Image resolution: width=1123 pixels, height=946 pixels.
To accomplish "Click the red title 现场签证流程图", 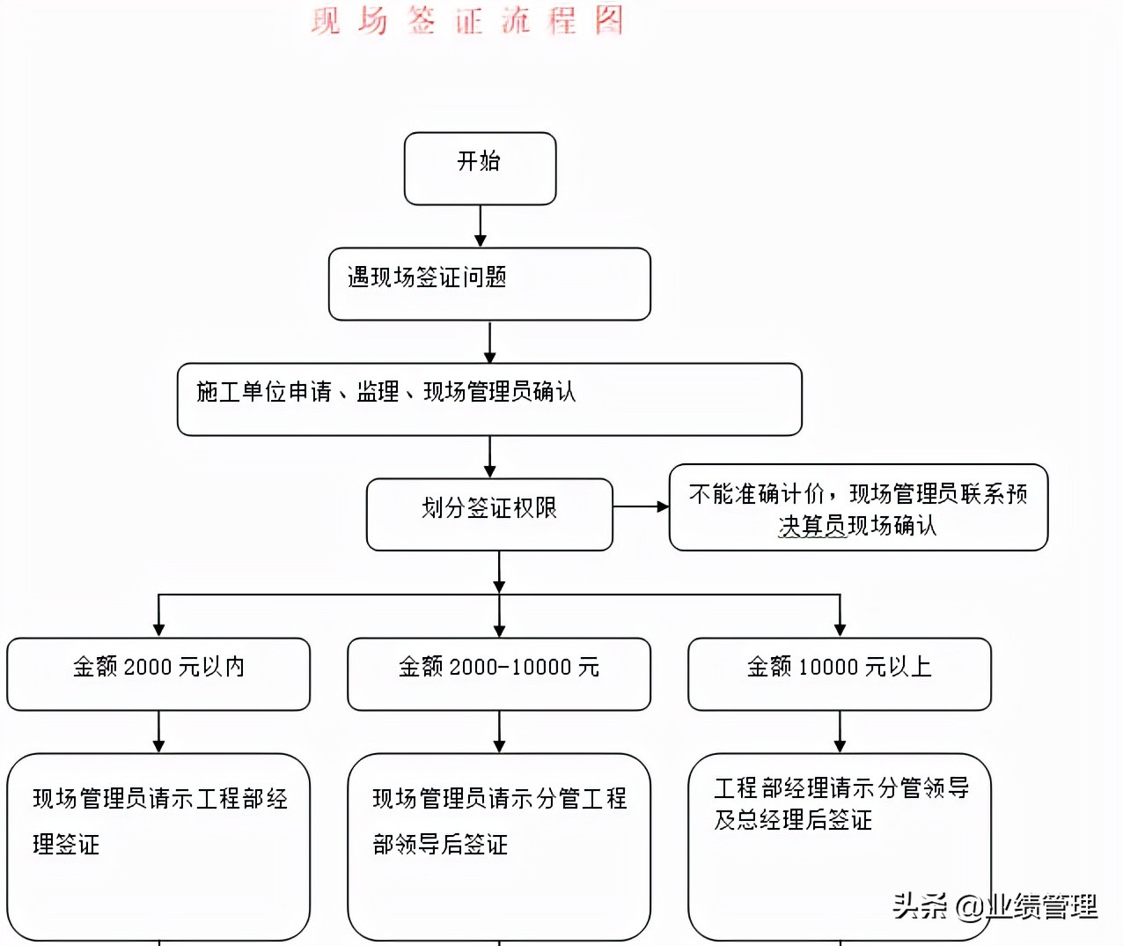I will click(467, 20).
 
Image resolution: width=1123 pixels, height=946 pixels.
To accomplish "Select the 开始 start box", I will click(480, 168).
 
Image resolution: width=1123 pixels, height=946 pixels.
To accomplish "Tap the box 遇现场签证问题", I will click(489, 284).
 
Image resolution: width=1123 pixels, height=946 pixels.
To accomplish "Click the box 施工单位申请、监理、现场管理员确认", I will click(489, 399).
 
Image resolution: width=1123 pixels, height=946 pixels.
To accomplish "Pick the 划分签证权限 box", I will click(489, 514).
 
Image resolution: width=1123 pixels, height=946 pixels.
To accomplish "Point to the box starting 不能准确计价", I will click(858, 508).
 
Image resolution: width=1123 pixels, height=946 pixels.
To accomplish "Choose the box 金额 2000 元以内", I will click(158, 674).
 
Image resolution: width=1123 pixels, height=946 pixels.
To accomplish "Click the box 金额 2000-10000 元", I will click(499, 674).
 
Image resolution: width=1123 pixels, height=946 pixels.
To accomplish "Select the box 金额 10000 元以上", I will click(840, 674).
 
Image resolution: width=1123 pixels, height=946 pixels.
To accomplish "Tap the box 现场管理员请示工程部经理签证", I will click(158, 846).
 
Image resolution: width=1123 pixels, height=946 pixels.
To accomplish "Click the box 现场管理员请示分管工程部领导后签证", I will click(499, 846).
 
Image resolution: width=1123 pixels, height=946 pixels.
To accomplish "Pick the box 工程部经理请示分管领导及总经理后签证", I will click(840, 846).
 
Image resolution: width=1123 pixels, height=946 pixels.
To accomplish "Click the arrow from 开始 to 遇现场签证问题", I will click(481, 226).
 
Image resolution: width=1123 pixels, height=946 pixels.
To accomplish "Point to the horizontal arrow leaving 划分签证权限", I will click(641, 506).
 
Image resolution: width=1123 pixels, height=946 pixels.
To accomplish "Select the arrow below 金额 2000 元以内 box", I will click(158, 732).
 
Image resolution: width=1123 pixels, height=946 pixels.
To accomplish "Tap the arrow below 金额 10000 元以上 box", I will click(840, 732).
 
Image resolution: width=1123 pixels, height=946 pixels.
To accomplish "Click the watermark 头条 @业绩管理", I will click(995, 905).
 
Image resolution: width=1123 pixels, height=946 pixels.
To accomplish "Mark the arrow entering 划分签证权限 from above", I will click(490, 457).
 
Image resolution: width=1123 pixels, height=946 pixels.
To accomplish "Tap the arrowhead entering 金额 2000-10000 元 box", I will click(499, 630).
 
